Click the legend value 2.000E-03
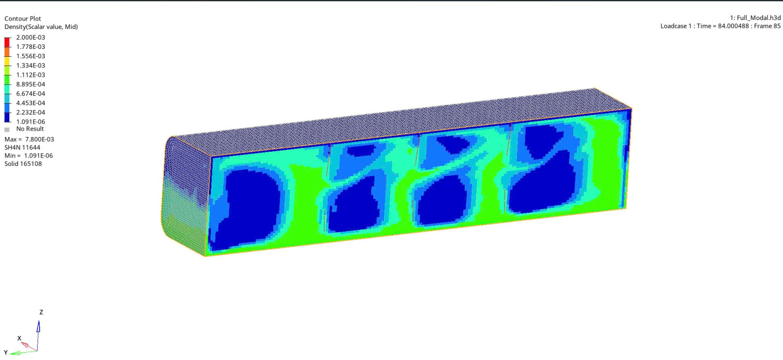click(30, 37)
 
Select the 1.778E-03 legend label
click(30, 47)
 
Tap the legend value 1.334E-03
click(30, 66)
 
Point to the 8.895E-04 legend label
click(30, 84)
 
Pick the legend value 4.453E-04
click(30, 103)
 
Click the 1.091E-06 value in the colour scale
click(30, 122)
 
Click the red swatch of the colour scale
click(7, 42)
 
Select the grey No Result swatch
click(7, 130)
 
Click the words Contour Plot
click(23, 19)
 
